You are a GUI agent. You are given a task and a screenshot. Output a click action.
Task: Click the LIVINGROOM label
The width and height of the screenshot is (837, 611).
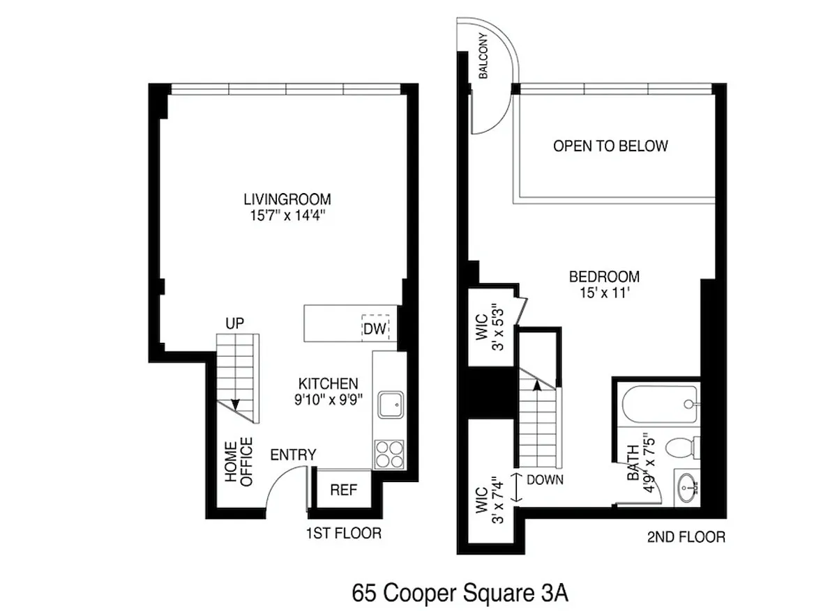(x=287, y=199)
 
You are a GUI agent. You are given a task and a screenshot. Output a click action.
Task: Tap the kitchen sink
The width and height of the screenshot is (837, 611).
(x=391, y=405)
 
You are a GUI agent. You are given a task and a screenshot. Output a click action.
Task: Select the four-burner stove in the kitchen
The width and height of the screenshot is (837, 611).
(x=389, y=454)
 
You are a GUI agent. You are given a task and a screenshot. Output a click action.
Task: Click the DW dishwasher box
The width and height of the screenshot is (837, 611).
(x=375, y=328)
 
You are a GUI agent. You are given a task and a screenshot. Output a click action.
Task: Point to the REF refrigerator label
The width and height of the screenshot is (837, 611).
(x=344, y=490)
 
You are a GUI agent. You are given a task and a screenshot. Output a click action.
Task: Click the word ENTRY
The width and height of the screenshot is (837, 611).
(x=294, y=455)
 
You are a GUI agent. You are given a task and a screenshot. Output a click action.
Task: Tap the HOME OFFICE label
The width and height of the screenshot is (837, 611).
(x=239, y=462)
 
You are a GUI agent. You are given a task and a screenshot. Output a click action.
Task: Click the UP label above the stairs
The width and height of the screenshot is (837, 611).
(x=234, y=323)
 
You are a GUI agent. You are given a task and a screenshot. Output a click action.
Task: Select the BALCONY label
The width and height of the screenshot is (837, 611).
(x=483, y=56)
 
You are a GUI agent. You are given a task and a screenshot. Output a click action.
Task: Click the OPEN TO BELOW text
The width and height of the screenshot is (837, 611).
(x=610, y=146)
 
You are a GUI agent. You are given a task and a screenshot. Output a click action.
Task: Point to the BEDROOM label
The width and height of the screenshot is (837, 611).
(x=604, y=277)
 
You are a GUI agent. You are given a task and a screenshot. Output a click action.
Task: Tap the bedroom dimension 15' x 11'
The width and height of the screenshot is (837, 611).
(x=605, y=293)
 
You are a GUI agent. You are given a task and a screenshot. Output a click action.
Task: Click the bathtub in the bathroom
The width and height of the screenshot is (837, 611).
(x=660, y=404)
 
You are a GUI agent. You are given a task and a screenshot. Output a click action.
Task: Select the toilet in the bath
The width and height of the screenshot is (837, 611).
(x=682, y=447)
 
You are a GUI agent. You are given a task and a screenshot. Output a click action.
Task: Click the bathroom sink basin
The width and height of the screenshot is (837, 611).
(x=687, y=487)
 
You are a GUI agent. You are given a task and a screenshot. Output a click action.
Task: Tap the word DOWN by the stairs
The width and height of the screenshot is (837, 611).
(x=545, y=479)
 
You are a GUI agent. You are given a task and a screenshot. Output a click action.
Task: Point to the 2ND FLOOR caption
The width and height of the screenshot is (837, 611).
(x=686, y=536)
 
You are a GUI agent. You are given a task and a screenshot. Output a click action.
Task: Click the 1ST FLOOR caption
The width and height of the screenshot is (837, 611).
(x=344, y=533)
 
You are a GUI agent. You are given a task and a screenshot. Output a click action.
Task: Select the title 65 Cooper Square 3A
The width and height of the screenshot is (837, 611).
(x=460, y=593)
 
